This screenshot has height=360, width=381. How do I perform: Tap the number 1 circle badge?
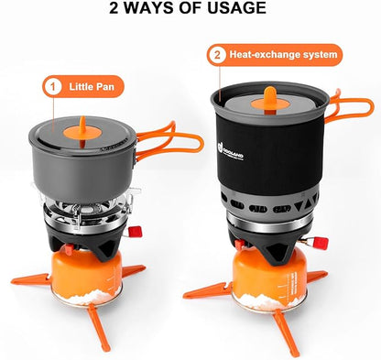tap(52, 87)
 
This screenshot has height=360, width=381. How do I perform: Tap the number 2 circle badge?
tap(217, 54)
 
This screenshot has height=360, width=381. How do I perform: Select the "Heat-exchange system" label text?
tap(285, 55)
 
